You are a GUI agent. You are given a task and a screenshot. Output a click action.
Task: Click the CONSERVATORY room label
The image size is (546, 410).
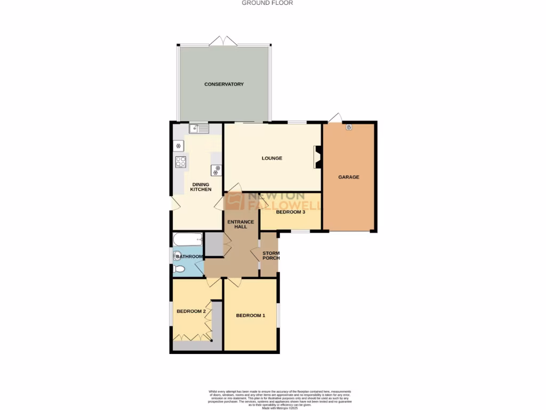(224, 84)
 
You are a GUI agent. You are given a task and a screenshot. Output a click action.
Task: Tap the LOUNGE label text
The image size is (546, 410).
(271, 158)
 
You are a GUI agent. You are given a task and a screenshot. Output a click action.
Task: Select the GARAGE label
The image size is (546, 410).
(349, 177)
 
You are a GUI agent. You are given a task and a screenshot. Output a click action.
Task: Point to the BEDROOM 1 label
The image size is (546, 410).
(250, 316)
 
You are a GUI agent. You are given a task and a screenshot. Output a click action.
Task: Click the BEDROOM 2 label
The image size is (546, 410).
(191, 311)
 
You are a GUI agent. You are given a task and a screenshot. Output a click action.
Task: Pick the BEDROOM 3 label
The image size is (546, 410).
(290, 212)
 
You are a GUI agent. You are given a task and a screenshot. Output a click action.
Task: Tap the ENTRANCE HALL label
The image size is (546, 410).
(237, 224)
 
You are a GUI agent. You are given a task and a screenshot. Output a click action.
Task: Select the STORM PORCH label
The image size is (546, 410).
(270, 255)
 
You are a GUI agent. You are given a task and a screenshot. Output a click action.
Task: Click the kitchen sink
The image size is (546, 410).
(198, 128)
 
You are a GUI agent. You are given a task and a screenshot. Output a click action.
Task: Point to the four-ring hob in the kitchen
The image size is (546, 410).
(181, 162)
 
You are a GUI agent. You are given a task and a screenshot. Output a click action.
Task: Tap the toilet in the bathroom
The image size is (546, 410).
(179, 269)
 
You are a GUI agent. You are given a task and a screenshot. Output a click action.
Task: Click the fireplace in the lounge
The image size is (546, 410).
(318, 157)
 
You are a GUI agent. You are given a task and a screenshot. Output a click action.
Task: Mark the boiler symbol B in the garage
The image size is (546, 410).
(349, 127)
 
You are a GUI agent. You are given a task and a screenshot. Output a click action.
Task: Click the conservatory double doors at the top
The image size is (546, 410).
(223, 41)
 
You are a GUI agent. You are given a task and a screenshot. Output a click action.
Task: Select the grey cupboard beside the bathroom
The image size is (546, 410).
(213, 244)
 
